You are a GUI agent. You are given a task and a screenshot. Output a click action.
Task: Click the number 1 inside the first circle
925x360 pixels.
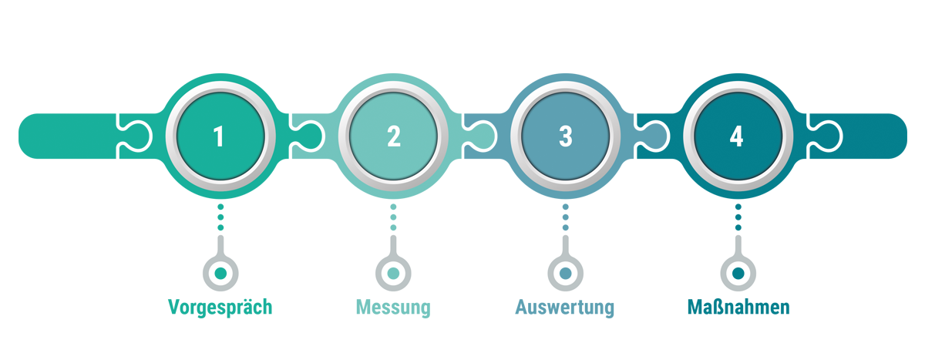tap(219, 136)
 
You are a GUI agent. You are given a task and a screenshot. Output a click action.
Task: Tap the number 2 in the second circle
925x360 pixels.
tap(394, 136)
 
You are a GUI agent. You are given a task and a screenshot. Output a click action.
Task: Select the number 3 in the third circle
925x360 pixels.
tap(566, 136)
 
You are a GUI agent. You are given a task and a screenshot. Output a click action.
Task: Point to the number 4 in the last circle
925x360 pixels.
tap(737, 136)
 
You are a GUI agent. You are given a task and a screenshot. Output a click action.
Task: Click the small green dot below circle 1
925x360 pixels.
tap(221, 272)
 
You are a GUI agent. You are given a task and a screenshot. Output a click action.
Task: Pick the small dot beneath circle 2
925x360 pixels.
tap(393, 272)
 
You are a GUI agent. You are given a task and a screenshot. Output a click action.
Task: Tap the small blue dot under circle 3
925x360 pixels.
tap(566, 272)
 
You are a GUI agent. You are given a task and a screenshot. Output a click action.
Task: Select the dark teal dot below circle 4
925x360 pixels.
tap(738, 272)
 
